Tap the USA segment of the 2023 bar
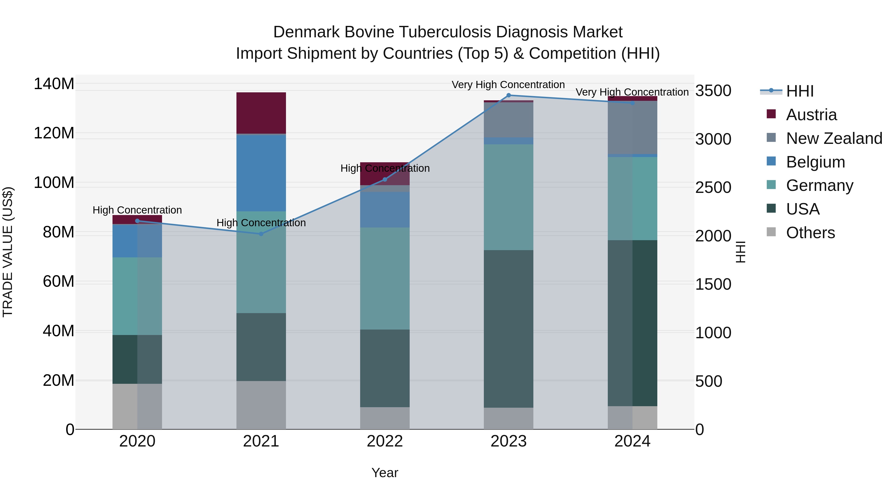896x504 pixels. click(x=508, y=329)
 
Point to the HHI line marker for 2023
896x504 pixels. click(x=508, y=95)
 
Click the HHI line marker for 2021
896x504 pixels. click(x=261, y=234)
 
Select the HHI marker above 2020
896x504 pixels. click(x=137, y=221)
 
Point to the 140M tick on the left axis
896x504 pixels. click(x=54, y=84)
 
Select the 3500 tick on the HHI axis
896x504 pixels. click(x=713, y=91)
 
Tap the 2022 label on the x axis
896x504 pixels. click(x=385, y=441)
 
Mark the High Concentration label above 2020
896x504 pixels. click(x=137, y=210)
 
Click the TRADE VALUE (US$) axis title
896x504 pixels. click(x=8, y=252)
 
